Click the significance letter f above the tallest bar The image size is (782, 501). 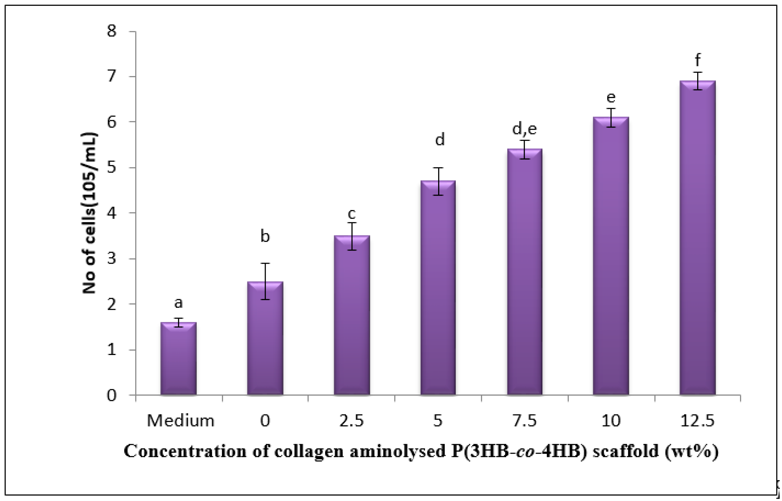coord(697,60)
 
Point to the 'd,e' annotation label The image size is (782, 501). coord(524,129)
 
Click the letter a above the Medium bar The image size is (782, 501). coord(179,303)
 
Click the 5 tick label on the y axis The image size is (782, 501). coord(112,168)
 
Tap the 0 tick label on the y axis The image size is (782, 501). coord(112,395)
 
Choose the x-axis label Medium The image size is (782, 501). coord(181,421)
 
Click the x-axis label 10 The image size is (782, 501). coord(611,421)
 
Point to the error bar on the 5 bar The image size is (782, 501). coord(438,181)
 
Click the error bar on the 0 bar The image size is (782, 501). coord(265,281)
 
